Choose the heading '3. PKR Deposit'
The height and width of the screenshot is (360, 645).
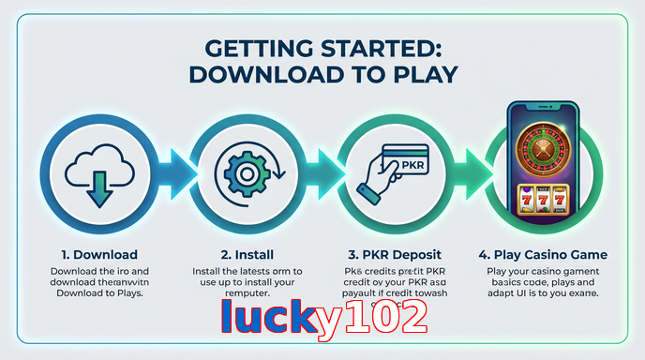pyautogui.click(x=395, y=254)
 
